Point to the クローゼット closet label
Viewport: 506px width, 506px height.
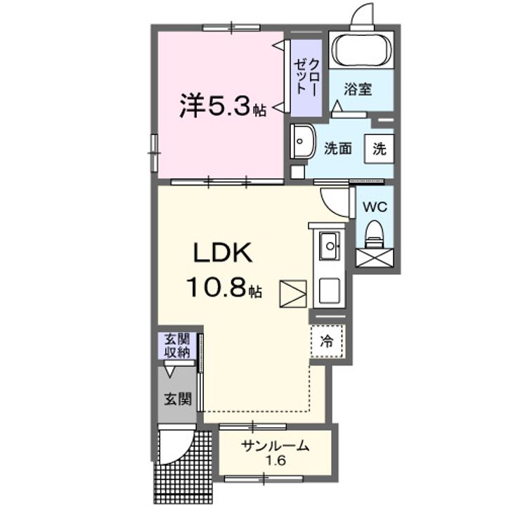pos(306,75)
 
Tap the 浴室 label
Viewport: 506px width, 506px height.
pos(358,90)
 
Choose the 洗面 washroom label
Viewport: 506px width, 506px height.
pos(337,148)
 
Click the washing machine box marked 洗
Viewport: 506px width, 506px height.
pos(379,148)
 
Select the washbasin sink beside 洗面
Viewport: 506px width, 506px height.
pos(303,143)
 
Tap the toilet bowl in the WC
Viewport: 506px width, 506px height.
pos(374,234)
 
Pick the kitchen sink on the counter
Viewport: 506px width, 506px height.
pos(329,246)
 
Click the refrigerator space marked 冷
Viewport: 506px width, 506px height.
pos(327,342)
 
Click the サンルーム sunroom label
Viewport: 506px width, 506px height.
pos(275,446)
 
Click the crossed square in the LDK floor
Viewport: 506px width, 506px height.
pos(292,293)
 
